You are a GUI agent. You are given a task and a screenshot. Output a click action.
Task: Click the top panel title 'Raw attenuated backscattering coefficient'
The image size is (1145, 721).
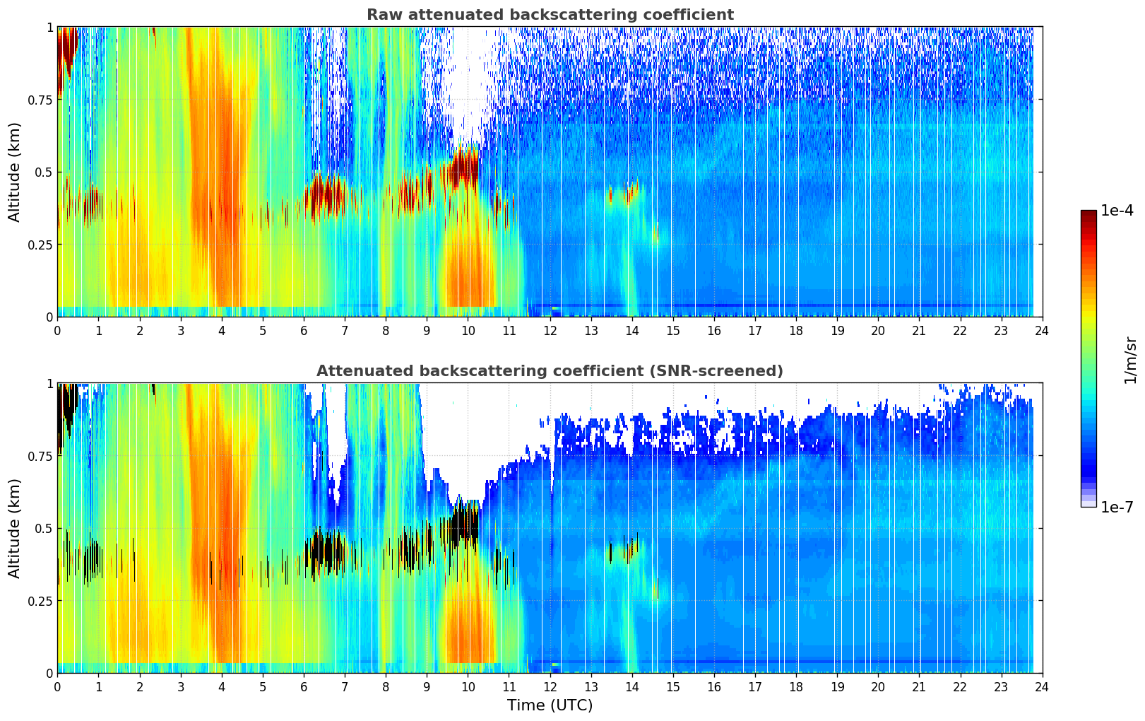(550, 15)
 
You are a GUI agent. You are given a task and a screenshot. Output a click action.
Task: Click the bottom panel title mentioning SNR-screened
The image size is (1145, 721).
(550, 371)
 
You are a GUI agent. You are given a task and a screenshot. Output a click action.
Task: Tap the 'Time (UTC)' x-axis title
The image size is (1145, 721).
(550, 705)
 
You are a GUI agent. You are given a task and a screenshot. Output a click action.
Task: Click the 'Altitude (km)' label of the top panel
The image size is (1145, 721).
(15, 172)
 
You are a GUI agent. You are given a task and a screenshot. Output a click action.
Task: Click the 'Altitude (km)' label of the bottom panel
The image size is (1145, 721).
(15, 528)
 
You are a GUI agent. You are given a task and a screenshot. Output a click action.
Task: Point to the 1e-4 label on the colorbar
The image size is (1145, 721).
(1116, 211)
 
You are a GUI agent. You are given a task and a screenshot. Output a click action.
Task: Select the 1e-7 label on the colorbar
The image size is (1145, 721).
(1116, 507)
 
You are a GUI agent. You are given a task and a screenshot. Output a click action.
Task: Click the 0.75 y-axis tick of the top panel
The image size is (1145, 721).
(40, 100)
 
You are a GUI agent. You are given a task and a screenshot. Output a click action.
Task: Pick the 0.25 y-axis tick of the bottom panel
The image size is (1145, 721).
(40, 601)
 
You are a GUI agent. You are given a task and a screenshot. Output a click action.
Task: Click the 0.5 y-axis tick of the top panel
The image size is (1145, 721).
(44, 172)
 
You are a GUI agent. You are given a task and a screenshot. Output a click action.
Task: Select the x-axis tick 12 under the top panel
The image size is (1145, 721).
(550, 330)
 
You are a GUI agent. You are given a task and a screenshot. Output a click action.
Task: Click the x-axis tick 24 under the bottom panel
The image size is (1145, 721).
(1042, 686)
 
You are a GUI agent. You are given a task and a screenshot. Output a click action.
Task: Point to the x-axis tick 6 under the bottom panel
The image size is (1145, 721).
(304, 686)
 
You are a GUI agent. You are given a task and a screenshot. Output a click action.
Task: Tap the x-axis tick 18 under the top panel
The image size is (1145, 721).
(796, 330)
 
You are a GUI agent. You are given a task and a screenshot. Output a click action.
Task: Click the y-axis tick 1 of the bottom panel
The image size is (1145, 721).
(49, 383)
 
